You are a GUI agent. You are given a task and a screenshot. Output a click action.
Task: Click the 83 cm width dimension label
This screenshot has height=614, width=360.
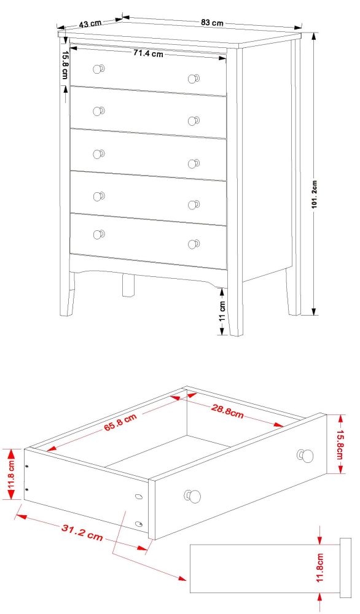click(212, 23)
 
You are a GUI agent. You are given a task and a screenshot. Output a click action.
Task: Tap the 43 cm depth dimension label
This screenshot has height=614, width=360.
click(90, 24)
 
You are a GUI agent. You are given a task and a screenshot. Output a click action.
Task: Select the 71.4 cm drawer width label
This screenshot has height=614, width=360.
click(148, 53)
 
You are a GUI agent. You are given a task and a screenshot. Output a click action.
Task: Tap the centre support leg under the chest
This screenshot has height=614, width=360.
click(128, 285)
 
